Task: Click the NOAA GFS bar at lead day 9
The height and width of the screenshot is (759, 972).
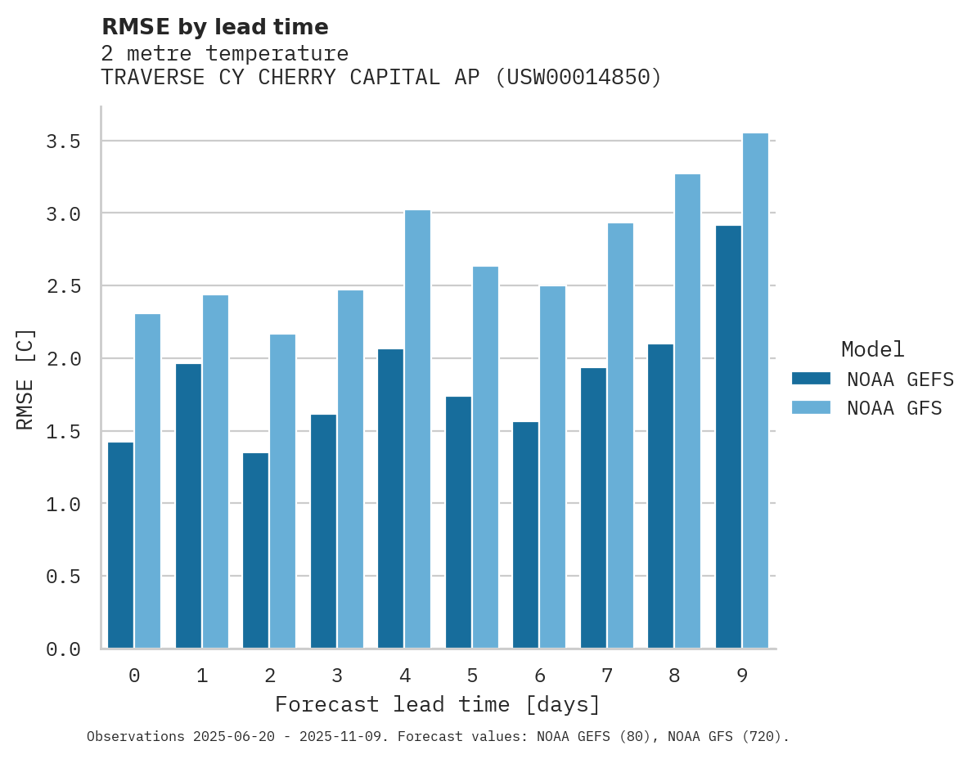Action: (x=755, y=390)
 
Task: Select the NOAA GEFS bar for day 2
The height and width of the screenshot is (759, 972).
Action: (x=255, y=550)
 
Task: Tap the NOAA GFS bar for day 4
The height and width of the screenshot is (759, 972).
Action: (x=417, y=429)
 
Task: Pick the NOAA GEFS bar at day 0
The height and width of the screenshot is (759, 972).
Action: (x=120, y=545)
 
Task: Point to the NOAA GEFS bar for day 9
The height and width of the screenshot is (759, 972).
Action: (x=728, y=437)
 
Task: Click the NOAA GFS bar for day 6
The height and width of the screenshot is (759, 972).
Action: (x=552, y=467)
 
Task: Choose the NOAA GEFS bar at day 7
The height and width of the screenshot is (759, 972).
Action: (x=593, y=508)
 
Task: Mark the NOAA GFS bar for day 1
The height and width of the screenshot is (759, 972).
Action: (x=215, y=471)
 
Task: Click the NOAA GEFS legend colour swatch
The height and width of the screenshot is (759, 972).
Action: (x=811, y=379)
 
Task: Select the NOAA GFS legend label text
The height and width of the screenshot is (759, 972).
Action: (x=894, y=408)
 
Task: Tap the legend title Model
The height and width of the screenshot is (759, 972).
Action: (x=872, y=349)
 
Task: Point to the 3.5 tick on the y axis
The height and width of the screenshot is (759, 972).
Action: (x=63, y=141)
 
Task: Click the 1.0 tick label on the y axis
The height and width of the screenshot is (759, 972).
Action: (x=63, y=504)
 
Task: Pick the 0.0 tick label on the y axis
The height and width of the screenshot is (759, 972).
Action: (x=63, y=649)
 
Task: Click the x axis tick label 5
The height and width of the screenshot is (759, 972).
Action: (x=472, y=676)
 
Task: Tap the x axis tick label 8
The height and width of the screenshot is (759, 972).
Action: (x=674, y=676)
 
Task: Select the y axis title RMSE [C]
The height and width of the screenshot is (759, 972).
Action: (x=25, y=379)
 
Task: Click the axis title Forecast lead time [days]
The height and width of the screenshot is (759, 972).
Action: (x=438, y=705)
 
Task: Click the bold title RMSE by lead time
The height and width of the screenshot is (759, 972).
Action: (x=214, y=27)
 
